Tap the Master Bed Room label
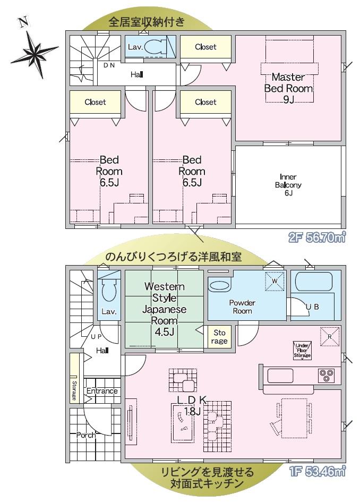click(288, 83)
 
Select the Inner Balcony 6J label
click(288, 185)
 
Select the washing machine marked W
click(275, 281)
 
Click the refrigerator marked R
click(330, 336)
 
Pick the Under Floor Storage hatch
click(302, 351)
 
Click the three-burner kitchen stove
click(327, 376)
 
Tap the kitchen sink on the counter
click(280, 376)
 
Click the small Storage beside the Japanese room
click(219, 337)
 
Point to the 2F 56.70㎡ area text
click(317, 237)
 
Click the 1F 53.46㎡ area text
click(318, 471)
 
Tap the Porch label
click(86, 435)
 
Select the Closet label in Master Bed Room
click(205, 47)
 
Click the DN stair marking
click(109, 65)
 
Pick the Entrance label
click(102, 391)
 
